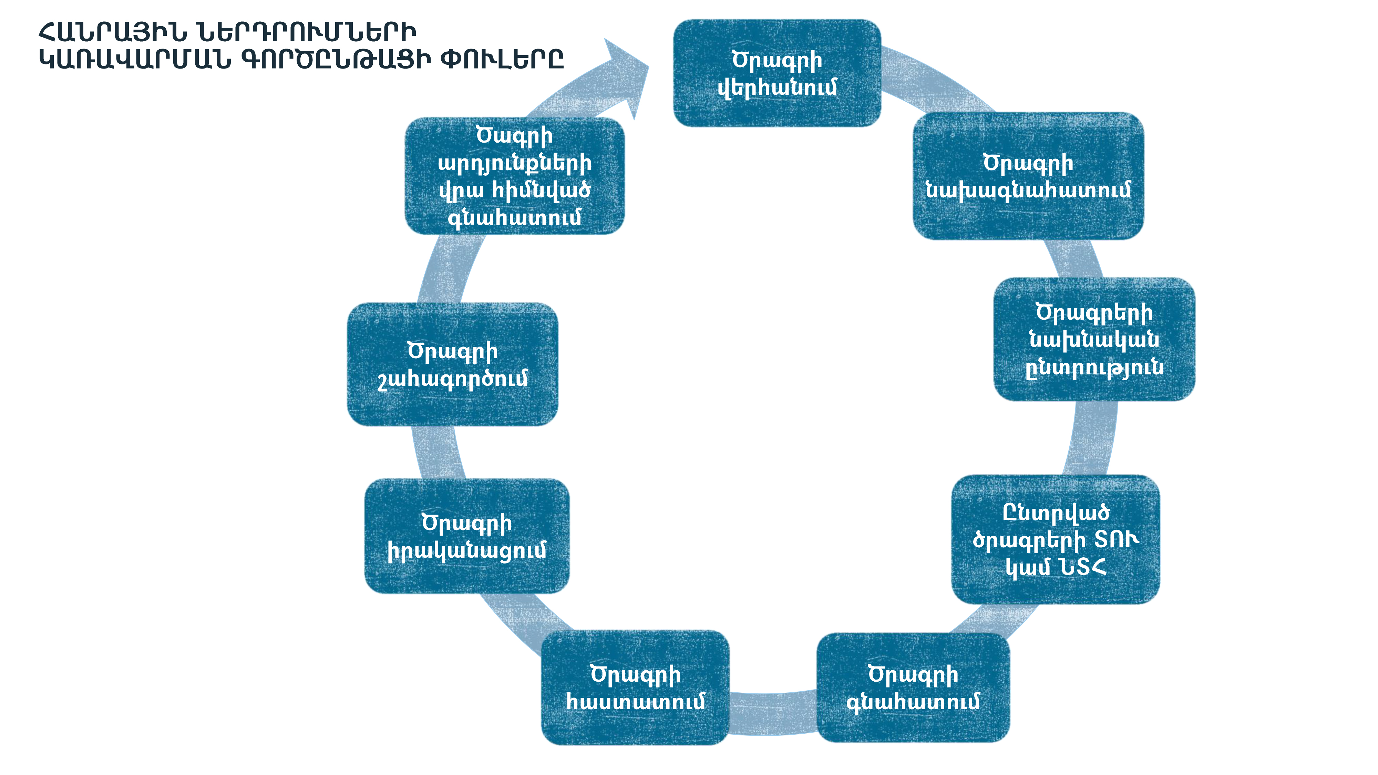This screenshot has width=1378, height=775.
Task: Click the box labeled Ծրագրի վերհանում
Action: (777, 73)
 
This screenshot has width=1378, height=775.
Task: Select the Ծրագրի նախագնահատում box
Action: (1028, 176)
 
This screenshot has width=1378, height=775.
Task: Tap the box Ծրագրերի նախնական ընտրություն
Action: (1094, 339)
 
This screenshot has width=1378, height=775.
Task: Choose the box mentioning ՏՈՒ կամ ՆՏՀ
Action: (1056, 539)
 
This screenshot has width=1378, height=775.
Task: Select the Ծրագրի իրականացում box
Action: (466, 536)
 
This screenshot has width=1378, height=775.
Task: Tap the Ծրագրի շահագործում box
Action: (453, 364)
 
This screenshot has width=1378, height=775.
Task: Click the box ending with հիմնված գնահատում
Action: (515, 176)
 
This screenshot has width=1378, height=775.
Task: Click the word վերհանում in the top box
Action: (777, 87)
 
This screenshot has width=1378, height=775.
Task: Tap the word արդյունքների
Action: (515, 163)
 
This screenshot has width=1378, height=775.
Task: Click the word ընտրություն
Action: (1094, 368)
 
